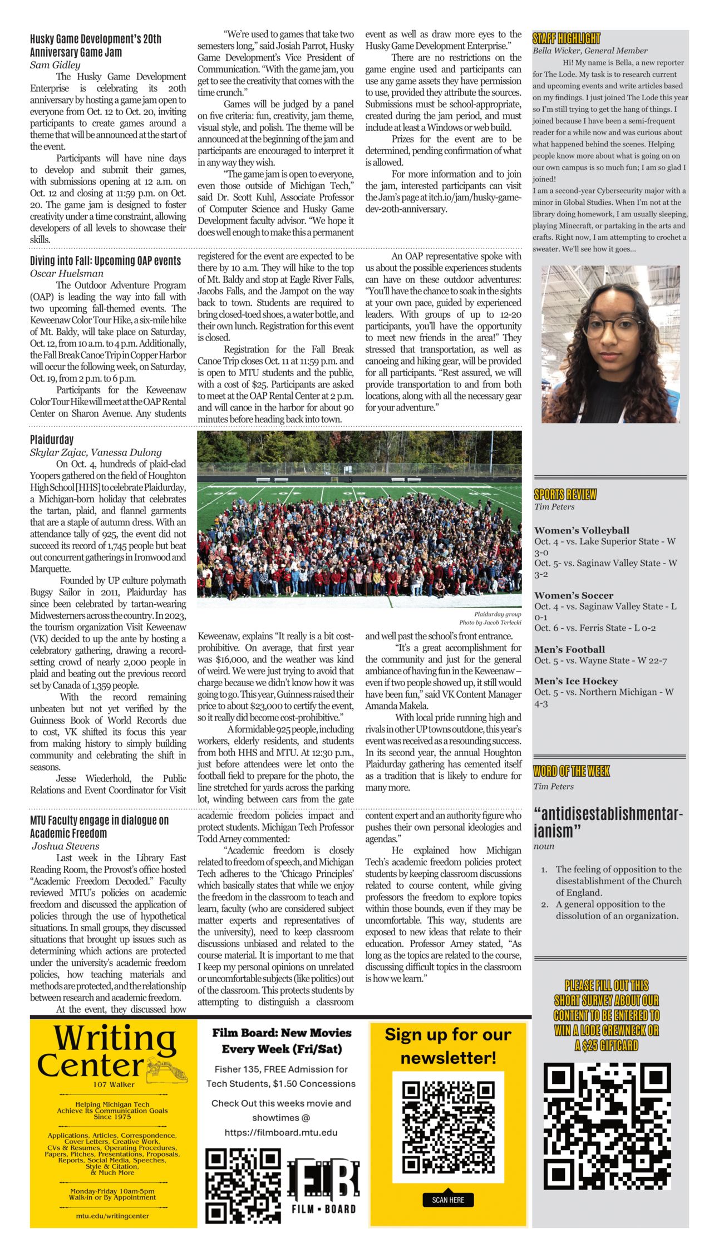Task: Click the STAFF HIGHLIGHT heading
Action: [566, 38]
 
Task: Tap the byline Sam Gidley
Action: [55, 65]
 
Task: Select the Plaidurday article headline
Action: [52, 440]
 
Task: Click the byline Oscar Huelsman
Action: [67, 273]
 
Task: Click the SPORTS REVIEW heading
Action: [565, 494]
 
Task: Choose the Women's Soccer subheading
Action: [574, 595]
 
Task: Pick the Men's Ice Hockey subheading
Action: [576, 681]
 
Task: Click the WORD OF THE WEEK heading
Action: [572, 771]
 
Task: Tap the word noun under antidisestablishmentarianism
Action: [544, 846]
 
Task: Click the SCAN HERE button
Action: [448, 1200]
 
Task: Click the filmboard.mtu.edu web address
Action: [280, 1132]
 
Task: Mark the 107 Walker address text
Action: [114, 1084]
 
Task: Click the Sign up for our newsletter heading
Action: [447, 1046]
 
